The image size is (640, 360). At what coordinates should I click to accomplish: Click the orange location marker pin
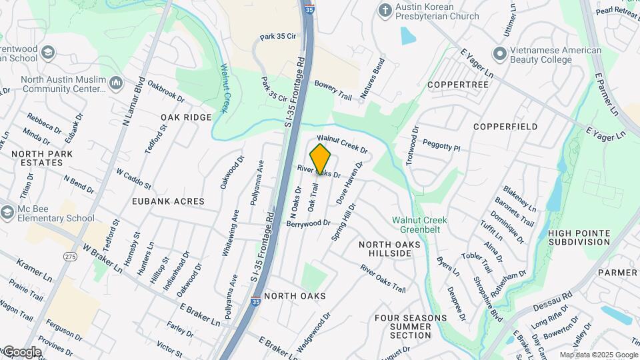(x=321, y=159)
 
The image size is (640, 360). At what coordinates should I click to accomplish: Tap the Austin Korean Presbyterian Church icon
(x=384, y=10)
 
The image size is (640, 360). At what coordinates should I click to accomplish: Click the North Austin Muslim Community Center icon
(x=116, y=83)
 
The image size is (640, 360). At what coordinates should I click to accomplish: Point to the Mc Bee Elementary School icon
(x=7, y=212)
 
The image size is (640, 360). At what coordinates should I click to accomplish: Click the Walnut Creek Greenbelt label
(x=419, y=225)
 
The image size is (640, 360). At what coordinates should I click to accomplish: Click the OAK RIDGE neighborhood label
(x=186, y=117)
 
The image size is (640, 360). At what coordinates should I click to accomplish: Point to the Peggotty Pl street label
(x=441, y=145)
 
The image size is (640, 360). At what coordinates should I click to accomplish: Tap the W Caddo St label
(x=133, y=179)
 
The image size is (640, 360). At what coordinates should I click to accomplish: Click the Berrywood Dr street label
(x=308, y=223)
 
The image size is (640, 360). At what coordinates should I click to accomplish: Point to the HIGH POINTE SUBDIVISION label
(x=579, y=237)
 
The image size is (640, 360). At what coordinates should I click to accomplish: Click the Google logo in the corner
(x=21, y=351)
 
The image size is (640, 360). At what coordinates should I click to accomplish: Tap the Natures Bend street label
(x=373, y=79)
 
